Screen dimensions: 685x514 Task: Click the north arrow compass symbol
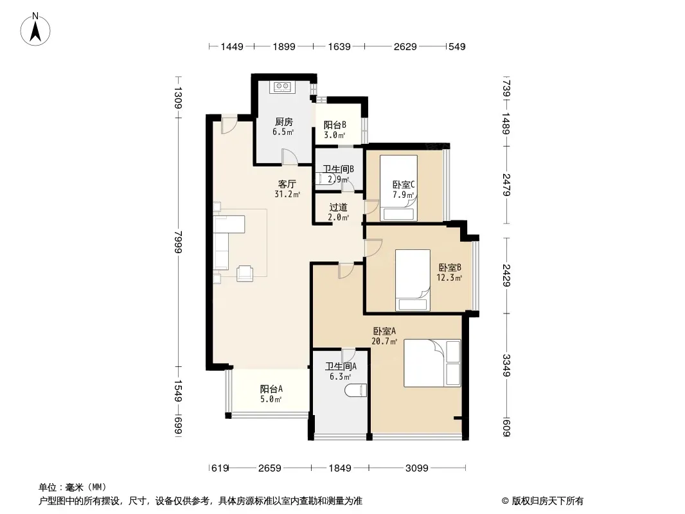click(x=35, y=30)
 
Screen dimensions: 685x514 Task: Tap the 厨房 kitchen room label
click(x=284, y=122)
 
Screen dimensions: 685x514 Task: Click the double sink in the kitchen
click(x=283, y=87)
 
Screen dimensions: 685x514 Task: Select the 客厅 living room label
click(x=287, y=184)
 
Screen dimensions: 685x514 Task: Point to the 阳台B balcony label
click(x=335, y=125)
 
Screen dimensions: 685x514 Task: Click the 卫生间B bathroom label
click(x=338, y=169)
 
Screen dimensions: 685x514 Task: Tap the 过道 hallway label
click(x=338, y=207)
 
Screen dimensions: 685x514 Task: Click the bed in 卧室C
click(x=398, y=188)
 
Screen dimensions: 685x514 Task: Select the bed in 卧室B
click(x=413, y=280)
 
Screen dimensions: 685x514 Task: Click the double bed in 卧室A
click(x=432, y=363)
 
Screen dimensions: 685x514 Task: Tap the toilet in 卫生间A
click(x=355, y=391)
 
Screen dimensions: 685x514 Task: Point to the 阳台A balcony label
click(x=271, y=389)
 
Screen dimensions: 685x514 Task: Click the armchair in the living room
click(x=245, y=273)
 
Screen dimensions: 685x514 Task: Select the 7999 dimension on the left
click(x=178, y=242)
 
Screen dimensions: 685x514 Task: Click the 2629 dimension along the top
click(x=405, y=46)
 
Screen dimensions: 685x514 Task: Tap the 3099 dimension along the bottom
click(x=417, y=468)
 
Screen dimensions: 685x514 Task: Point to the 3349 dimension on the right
click(x=506, y=365)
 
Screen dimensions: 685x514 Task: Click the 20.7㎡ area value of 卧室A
click(x=384, y=342)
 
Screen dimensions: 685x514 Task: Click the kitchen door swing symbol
click(x=290, y=157)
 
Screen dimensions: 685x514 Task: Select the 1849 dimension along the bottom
click(x=340, y=468)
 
